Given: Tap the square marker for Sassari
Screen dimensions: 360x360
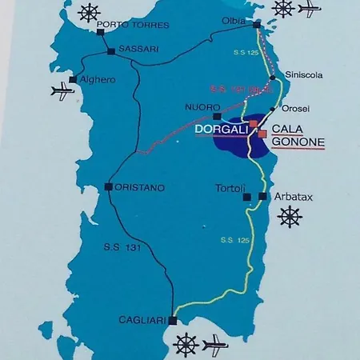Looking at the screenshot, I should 111,52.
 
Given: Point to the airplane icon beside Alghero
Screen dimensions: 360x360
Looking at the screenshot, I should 62,91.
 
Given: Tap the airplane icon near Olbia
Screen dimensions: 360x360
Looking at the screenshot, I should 309,9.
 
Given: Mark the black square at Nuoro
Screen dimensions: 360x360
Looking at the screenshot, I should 217,115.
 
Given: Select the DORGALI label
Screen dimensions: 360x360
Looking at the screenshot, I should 221,128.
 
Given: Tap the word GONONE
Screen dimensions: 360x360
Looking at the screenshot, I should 298,142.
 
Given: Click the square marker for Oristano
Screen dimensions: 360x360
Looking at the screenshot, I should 108,187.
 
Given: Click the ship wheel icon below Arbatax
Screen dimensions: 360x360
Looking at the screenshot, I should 289,216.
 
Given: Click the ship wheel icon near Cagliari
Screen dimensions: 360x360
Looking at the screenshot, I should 186,344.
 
